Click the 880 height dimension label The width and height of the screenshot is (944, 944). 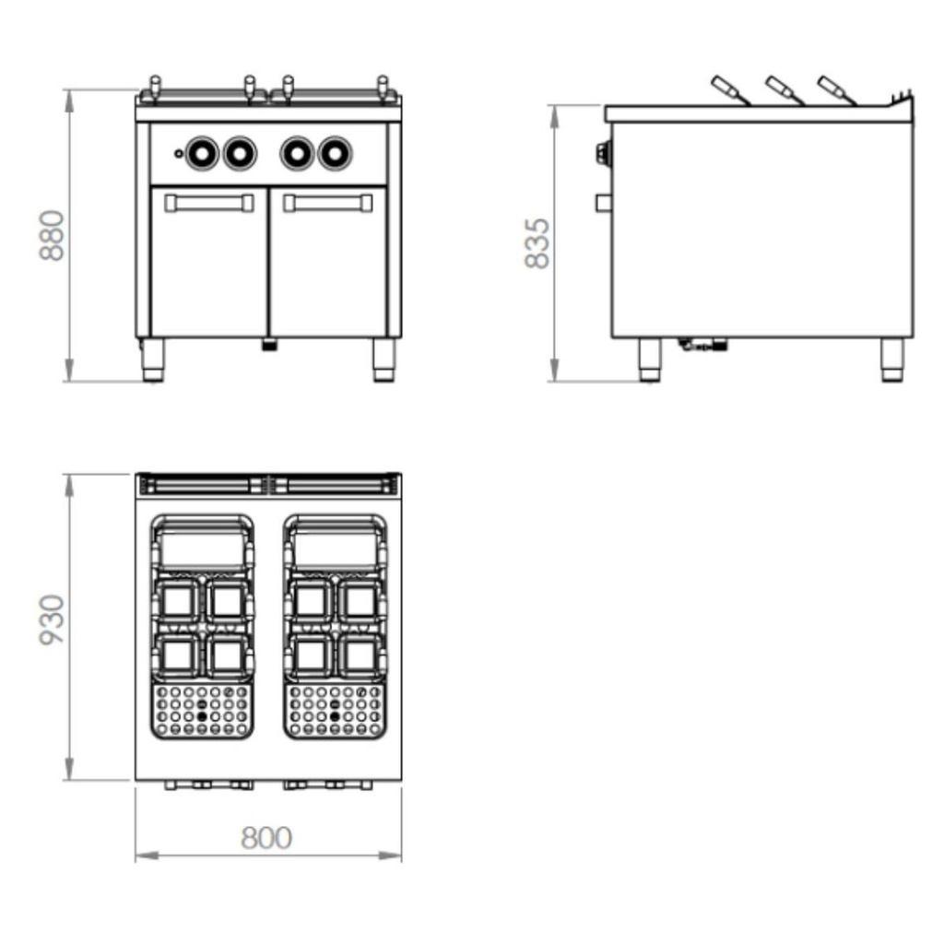click(x=52, y=235)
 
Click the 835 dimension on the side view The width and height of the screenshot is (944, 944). click(x=537, y=243)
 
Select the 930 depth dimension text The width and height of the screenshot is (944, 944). click(x=52, y=620)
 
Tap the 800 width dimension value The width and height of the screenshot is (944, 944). click(x=266, y=837)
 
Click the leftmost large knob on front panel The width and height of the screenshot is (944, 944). click(x=202, y=154)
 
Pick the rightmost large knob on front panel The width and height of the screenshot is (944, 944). click(x=335, y=154)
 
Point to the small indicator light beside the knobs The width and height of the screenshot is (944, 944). click(x=178, y=154)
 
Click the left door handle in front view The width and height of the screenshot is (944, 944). click(x=209, y=203)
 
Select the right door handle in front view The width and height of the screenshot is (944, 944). click(x=328, y=203)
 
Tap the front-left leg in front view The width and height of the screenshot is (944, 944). click(x=153, y=360)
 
